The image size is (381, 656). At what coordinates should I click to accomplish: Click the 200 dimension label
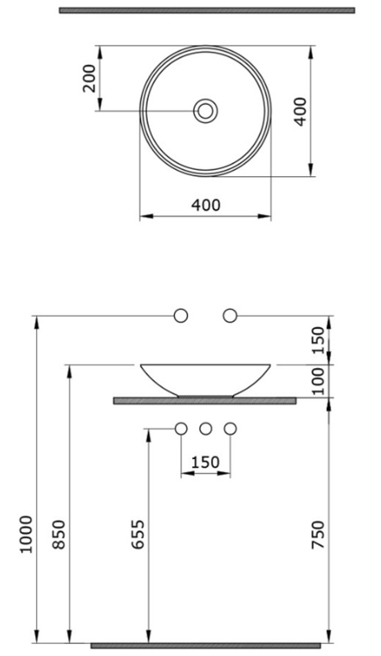pos(89,78)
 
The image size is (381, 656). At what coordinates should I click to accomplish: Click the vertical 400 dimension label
pos(301,111)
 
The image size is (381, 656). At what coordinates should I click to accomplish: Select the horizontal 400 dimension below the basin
pos(205,205)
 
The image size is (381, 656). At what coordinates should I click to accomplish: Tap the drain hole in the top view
pos(205,111)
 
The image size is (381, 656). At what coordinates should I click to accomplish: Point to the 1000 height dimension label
pos(26,534)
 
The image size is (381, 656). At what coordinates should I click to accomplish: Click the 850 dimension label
pos(59,534)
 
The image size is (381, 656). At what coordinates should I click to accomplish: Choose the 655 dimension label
pos(138,534)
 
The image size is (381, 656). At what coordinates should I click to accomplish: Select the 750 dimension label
pos(319,534)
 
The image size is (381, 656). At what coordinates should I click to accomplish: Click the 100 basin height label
pos(319,381)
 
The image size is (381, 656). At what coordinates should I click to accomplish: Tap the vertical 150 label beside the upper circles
pos(319,340)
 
